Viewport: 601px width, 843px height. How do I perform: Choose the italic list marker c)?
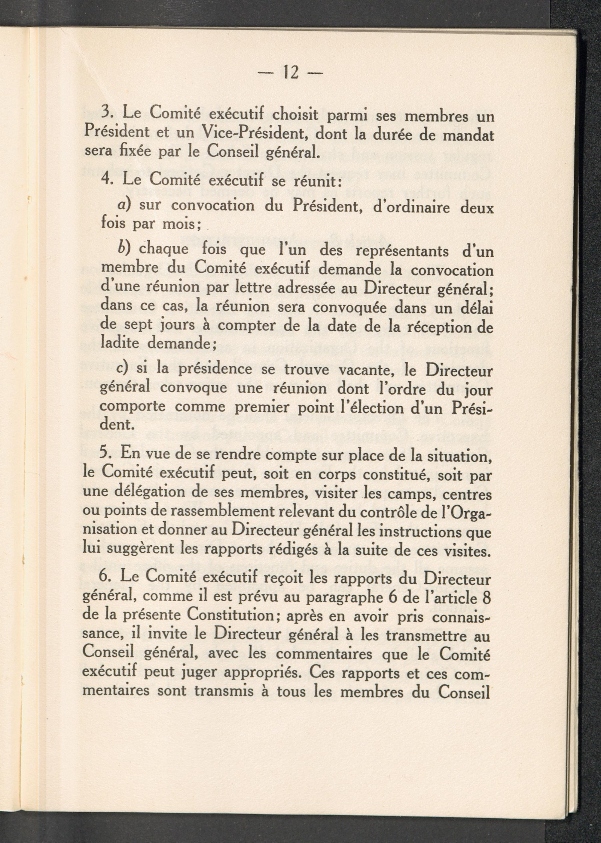point(122,368)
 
